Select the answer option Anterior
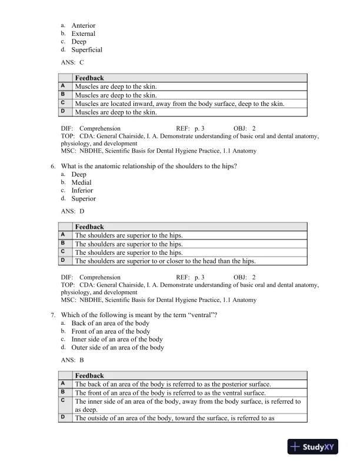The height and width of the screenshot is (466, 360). [83, 25]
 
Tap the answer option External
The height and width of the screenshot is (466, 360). [83, 34]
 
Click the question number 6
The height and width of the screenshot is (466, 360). [54, 166]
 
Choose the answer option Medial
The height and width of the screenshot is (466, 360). [81, 182]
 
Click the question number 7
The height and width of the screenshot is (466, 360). [54, 315]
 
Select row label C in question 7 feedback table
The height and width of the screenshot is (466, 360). [63, 400]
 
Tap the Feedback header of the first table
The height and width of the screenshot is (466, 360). [89, 78]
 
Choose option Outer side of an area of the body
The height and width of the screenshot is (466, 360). [118, 348]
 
